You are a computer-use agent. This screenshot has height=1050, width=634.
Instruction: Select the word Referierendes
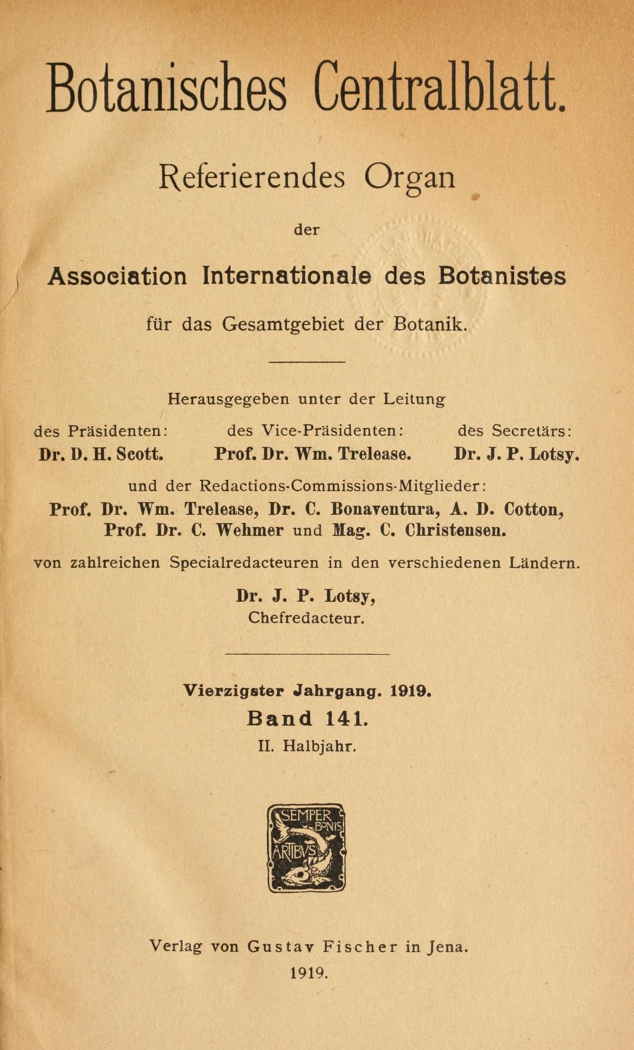[252, 178]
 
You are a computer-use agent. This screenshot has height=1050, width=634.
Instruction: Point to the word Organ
[409, 179]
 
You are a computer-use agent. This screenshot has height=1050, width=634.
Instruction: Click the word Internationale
[287, 276]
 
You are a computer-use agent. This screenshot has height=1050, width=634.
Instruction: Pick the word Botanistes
[502, 276]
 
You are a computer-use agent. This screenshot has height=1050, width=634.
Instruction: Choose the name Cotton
[534, 510]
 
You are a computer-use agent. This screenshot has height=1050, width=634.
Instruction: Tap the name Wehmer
[249, 531]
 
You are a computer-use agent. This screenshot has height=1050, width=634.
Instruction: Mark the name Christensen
[455, 531]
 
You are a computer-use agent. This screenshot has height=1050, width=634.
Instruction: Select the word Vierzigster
[234, 691]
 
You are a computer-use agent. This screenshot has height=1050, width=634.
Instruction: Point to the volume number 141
[348, 718]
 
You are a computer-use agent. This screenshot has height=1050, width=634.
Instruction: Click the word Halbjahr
[320, 746]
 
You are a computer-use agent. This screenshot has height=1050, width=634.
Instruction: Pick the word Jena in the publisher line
[448, 947]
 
